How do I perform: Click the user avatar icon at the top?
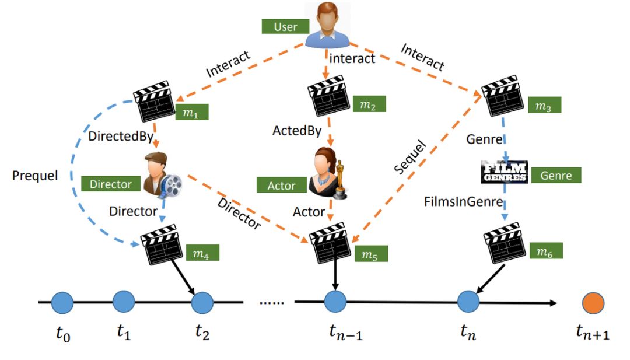click(328, 26)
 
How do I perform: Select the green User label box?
click(285, 27)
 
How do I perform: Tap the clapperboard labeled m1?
click(153, 104)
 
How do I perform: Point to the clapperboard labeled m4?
click(161, 244)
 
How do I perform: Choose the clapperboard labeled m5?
click(328, 244)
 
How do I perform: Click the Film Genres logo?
click(505, 172)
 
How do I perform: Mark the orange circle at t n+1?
click(593, 303)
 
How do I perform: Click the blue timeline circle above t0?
click(62, 303)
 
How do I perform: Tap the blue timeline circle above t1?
click(123, 303)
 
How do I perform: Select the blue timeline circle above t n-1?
click(335, 303)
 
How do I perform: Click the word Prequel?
click(35, 175)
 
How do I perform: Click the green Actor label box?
click(281, 186)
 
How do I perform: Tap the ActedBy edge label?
click(297, 131)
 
